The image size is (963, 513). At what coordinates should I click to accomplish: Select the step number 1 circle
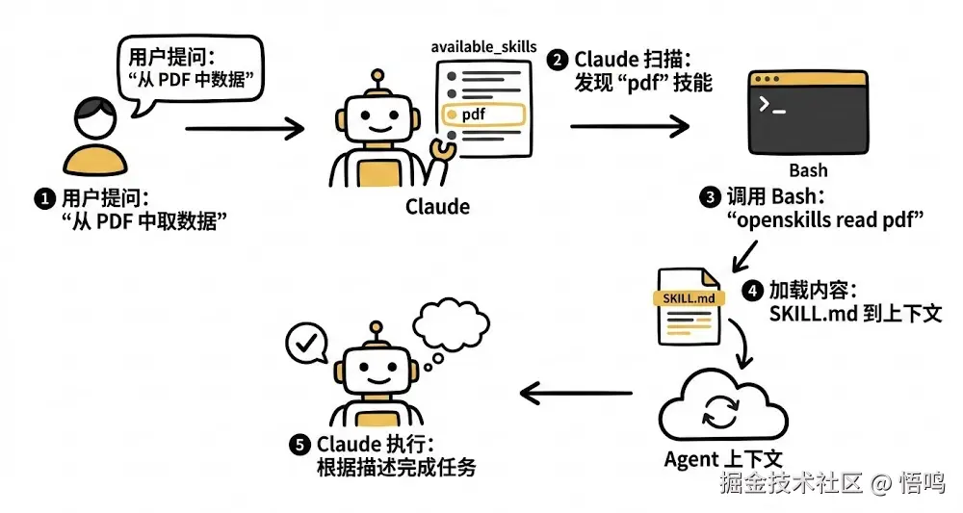point(41,199)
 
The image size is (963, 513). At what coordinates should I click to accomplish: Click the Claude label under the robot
point(437,206)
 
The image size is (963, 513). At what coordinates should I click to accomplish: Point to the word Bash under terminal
point(808,170)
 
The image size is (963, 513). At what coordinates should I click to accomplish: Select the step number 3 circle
point(711,198)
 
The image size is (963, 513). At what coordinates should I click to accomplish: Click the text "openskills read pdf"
point(825,220)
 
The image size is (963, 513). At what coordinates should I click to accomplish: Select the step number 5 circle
point(301,445)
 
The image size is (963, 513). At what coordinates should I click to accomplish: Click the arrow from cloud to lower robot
point(576,392)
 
